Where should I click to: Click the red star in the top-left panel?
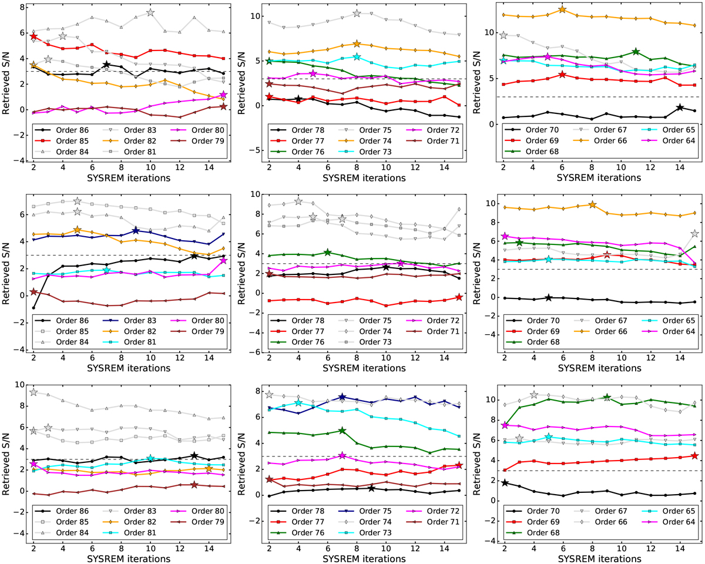(x=33, y=36)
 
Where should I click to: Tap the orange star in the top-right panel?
(x=562, y=9)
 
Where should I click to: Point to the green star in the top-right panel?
(x=636, y=52)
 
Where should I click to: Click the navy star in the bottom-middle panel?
(x=342, y=398)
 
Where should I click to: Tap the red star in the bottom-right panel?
(x=695, y=456)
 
